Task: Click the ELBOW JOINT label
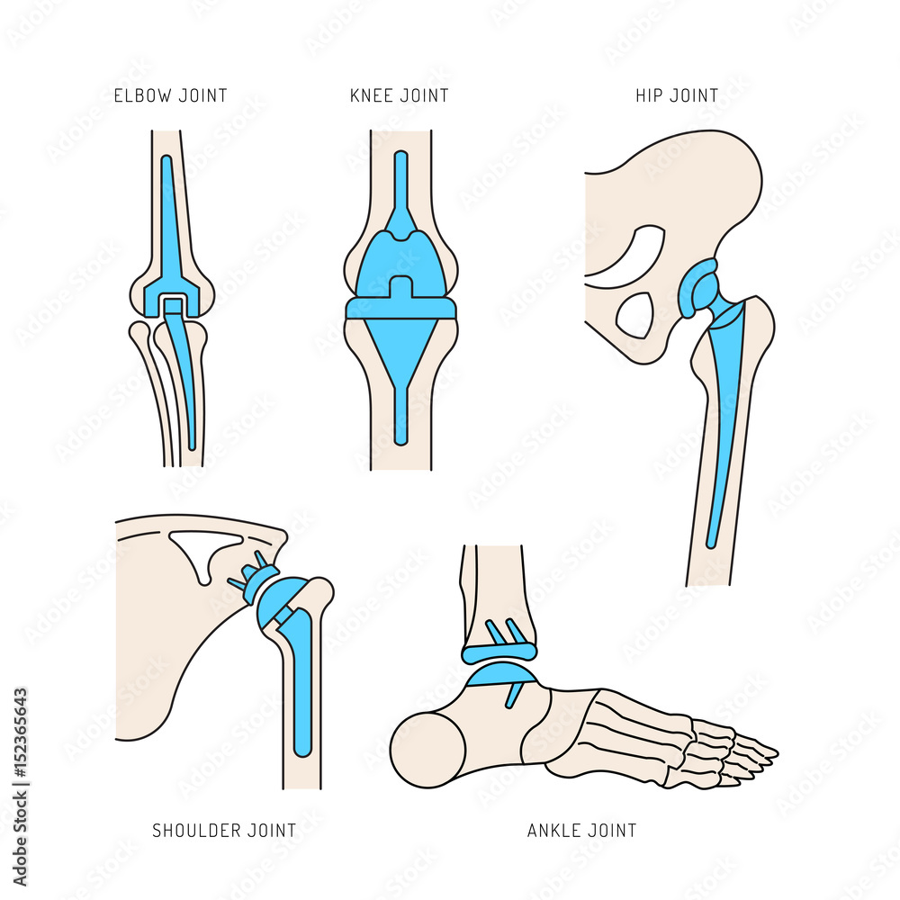point(170,95)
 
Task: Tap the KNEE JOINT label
point(399,95)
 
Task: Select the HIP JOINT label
point(676,95)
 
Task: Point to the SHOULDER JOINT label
point(224,830)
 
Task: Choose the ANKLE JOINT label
point(581,830)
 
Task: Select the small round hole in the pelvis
point(635,315)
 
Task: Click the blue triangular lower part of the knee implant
point(400,360)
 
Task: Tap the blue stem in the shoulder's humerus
point(301,684)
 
